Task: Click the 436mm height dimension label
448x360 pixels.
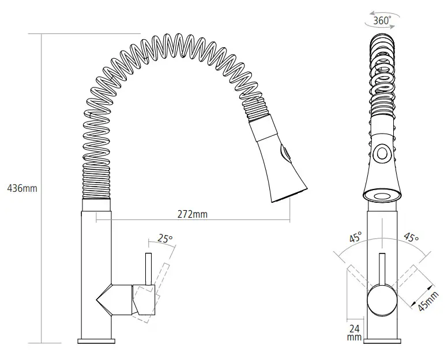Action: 21,188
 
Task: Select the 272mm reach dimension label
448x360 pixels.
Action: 193,214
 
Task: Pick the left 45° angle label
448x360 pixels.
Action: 356,237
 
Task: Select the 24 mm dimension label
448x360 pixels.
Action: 354,332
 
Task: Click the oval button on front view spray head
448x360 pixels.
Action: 381,153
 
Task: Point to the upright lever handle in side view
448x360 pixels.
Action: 148,268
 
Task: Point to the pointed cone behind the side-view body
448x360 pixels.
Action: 104,300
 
